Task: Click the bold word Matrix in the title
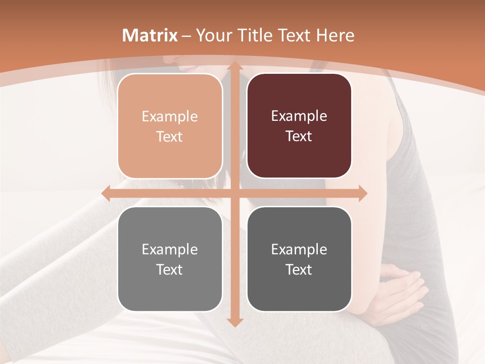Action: [150, 35]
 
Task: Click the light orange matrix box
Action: [170, 126]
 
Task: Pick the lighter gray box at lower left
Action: [170, 259]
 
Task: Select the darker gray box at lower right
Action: [299, 259]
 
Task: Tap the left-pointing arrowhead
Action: [107, 193]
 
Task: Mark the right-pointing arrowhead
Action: [362, 193]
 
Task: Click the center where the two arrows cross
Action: [234, 193]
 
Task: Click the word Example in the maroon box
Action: [299, 116]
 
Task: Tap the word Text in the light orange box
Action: [170, 136]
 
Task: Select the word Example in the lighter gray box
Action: [170, 249]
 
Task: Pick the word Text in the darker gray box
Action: [299, 269]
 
